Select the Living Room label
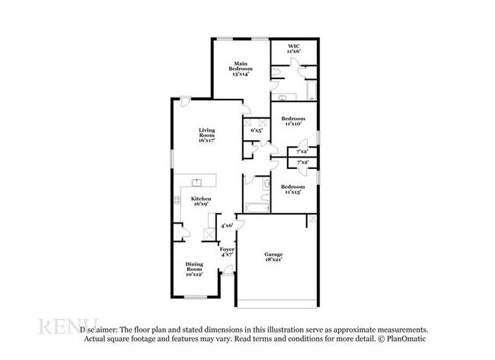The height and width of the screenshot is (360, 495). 206,135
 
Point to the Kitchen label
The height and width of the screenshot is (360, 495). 202,201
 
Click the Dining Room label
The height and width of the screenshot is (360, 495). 195,268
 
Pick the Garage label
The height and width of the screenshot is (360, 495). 273,256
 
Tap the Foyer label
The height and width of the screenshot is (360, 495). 227,253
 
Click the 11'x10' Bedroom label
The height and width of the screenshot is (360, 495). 293,122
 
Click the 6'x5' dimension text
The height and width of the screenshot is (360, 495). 257,131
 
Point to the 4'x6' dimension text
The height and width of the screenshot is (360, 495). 226,226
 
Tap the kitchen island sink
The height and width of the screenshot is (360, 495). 196,183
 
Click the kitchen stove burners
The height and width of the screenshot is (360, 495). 209,230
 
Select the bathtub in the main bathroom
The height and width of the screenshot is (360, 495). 311,91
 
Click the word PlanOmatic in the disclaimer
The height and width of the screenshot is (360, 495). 407,338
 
